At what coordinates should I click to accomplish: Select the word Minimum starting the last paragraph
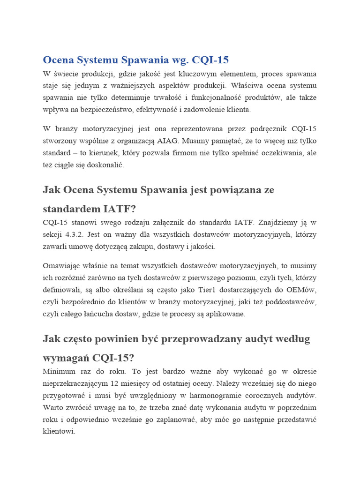59,371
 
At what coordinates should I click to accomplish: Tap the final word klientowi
59,432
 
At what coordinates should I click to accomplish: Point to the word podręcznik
266,128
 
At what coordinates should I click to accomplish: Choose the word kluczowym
201,74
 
